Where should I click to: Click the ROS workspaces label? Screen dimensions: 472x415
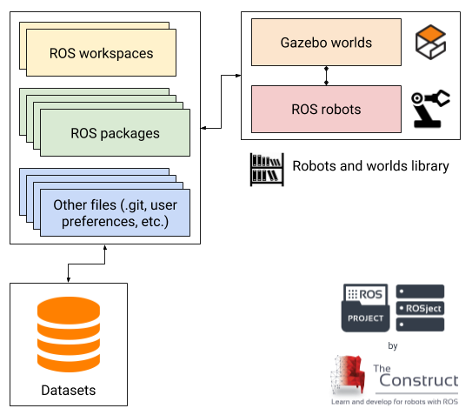point(102,54)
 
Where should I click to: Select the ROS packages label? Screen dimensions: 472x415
point(115,133)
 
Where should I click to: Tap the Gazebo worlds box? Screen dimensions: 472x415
point(326,42)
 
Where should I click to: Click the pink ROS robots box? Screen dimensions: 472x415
point(326,109)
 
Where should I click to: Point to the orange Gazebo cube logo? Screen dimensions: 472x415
point(430,42)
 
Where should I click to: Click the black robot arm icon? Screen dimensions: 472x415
point(430,109)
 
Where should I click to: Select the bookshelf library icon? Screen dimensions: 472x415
point(267,170)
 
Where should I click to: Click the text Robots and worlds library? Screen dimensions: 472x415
point(370,166)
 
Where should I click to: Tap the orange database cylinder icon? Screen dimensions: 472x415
point(69,334)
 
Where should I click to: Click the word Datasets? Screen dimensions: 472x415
point(69,391)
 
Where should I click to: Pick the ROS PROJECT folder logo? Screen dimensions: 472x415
point(365,308)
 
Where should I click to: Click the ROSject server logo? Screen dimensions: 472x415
point(420,308)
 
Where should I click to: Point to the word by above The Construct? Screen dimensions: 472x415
point(393,345)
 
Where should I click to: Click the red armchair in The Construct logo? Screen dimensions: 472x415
point(349,375)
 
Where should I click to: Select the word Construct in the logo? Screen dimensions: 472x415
point(419,380)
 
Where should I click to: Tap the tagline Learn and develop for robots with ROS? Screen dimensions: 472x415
point(395,402)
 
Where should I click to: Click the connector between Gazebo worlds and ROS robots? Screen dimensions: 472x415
point(326,76)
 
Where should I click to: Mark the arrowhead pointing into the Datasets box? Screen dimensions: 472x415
point(69,279)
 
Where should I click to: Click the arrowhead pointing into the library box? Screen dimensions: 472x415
point(238,76)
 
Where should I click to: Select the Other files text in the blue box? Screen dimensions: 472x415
point(116,213)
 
